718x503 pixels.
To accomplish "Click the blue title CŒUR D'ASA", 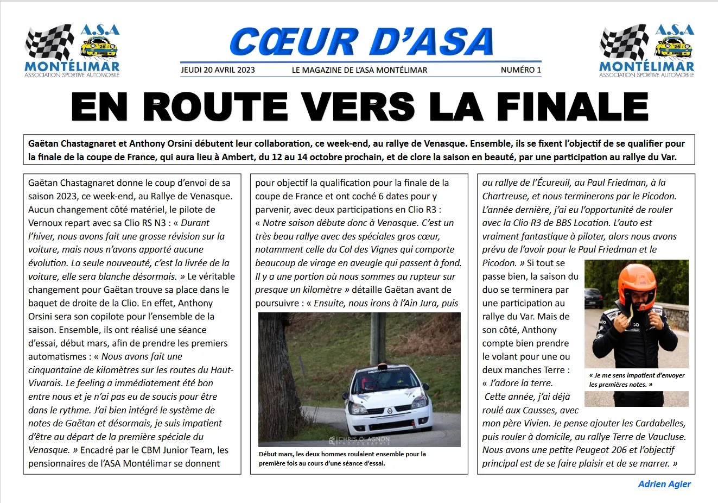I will pyautogui.click(x=361, y=42).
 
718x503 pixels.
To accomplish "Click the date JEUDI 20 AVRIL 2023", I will pyautogui.click(x=218, y=70).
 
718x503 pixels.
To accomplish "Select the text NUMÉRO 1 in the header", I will pyautogui.click(x=520, y=70).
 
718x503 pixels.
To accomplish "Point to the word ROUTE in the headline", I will pyautogui.click(x=215, y=107).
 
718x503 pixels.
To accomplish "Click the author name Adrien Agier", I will pyautogui.click(x=664, y=484).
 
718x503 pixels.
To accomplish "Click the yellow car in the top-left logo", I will pyautogui.click(x=99, y=48).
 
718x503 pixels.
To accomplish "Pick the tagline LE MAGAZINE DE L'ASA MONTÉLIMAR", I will pyautogui.click(x=359, y=70).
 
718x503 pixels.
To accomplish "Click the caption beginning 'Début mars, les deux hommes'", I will pyautogui.click(x=342, y=458).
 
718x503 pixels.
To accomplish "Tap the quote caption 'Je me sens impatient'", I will pyautogui.click(x=637, y=380).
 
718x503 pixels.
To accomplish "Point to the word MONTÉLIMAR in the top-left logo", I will pyautogui.click(x=72, y=67).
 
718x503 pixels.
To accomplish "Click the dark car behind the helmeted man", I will pyautogui.click(x=594, y=298).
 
